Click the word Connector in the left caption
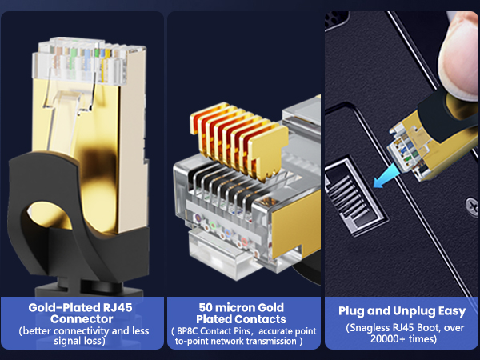pyautogui.click(x=81, y=318)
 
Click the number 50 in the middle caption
pyautogui.click(x=206, y=307)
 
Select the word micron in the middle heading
pyautogui.click(x=238, y=307)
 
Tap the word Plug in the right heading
pyautogui.click(x=353, y=311)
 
